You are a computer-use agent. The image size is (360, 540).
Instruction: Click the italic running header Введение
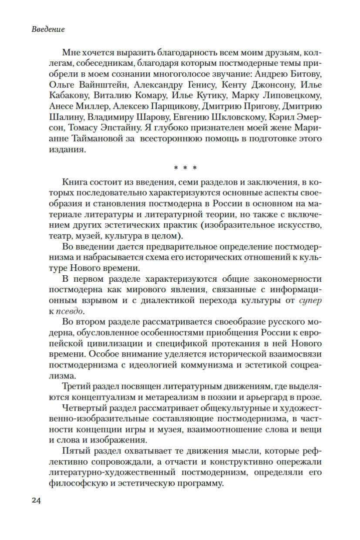(x=48, y=30)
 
